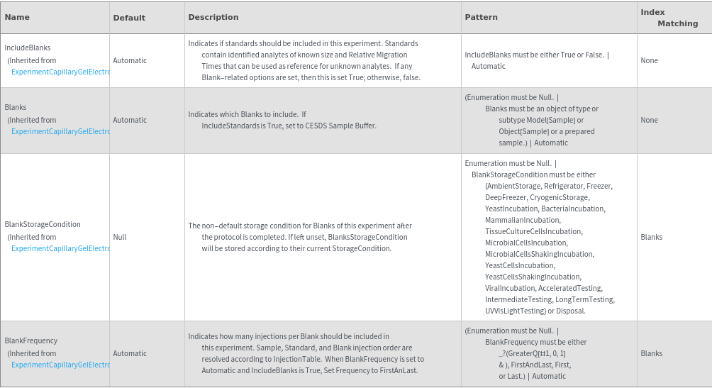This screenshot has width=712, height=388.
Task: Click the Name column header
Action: point(17,17)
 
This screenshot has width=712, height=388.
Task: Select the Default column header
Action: point(129,17)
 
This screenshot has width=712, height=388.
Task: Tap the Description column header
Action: point(213,17)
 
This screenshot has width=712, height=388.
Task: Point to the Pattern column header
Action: point(481,17)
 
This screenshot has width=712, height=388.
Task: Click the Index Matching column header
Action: point(669,18)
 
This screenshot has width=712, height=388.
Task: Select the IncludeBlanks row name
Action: point(28,48)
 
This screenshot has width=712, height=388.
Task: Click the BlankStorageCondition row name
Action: point(43,224)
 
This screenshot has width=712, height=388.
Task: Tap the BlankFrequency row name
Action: point(31,340)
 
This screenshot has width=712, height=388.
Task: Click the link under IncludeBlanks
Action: point(61,72)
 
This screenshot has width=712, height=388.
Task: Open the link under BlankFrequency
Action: point(61,365)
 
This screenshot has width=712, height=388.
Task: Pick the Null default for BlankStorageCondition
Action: point(120,237)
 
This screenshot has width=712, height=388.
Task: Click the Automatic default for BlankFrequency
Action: point(130,353)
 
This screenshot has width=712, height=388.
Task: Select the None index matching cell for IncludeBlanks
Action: point(649,60)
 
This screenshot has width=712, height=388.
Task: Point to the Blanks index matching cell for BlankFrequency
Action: point(651,353)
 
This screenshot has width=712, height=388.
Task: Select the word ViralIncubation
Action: point(510,288)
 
